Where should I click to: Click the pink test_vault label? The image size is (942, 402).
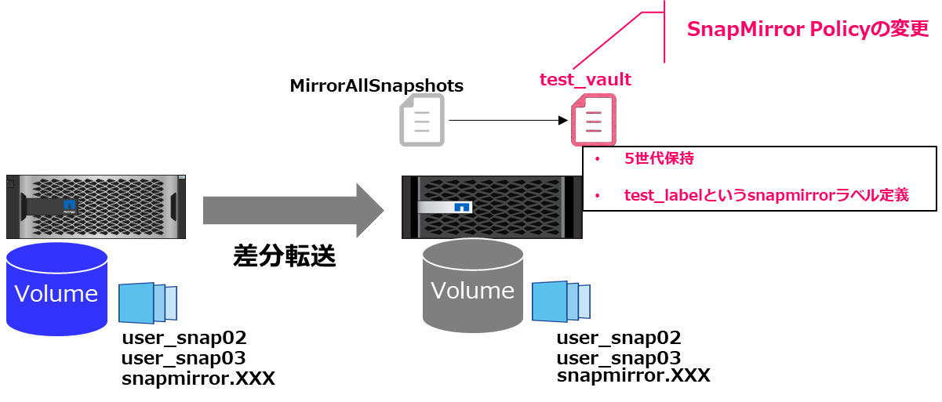click(x=585, y=80)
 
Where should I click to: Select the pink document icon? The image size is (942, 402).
click(x=593, y=120)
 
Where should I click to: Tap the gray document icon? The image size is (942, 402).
click(x=422, y=120)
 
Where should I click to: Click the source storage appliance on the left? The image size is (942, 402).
click(x=94, y=207)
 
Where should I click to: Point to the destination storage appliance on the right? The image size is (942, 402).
click(x=493, y=207)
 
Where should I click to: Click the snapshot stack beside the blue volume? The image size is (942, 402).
click(x=147, y=303)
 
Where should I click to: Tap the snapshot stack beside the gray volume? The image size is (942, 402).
click(x=561, y=301)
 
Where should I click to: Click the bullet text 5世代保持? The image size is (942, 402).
click(x=659, y=158)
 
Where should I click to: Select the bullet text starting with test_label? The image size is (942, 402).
click(x=766, y=195)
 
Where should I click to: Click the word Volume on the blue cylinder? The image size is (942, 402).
click(x=56, y=294)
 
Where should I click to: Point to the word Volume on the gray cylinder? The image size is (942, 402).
click(x=472, y=290)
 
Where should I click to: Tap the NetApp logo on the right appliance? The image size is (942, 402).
click(x=462, y=208)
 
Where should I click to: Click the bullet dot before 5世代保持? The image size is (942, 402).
click(x=597, y=159)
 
